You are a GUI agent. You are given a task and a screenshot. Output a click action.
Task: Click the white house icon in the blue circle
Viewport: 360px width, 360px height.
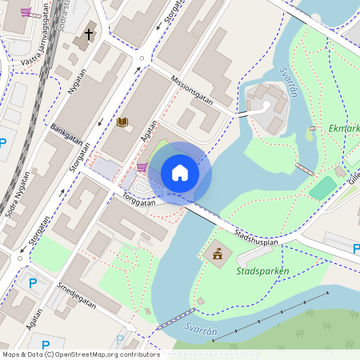[x=179, y=173]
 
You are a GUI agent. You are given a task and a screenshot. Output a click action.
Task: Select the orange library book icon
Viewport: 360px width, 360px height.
[x=122, y=122]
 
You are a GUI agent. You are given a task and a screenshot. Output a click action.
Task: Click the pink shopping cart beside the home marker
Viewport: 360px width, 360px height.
[x=142, y=167]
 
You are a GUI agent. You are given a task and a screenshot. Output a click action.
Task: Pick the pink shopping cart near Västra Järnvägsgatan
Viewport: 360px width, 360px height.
[x=26, y=13]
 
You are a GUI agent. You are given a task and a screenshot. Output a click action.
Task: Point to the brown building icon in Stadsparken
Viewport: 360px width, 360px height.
[x=216, y=254]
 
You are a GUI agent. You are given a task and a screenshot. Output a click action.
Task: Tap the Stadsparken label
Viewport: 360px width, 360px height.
[x=262, y=271]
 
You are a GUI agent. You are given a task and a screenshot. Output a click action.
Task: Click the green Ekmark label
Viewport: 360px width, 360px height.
[x=345, y=127]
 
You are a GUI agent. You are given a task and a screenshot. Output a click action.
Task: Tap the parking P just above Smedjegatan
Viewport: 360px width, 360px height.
[x=33, y=283]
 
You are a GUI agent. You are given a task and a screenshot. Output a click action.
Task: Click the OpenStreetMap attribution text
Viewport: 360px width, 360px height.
[x=80, y=354]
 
